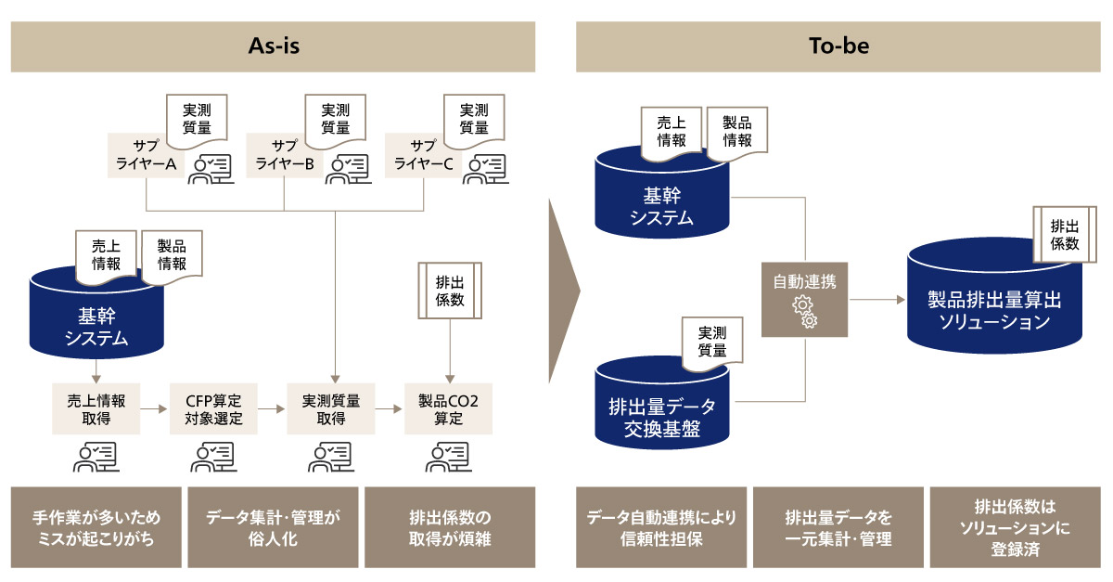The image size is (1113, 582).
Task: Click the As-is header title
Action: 273,46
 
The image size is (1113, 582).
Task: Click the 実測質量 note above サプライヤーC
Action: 474,119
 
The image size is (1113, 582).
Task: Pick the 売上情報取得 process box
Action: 96,409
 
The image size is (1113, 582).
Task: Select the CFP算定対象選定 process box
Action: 212,409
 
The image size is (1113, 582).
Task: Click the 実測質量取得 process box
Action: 331,409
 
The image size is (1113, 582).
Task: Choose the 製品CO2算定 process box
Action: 449,409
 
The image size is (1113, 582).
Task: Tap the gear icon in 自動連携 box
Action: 804,312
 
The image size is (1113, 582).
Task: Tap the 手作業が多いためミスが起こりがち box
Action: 96,526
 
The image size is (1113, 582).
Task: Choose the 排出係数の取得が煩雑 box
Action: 449,526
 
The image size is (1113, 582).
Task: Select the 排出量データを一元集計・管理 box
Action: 838,526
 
